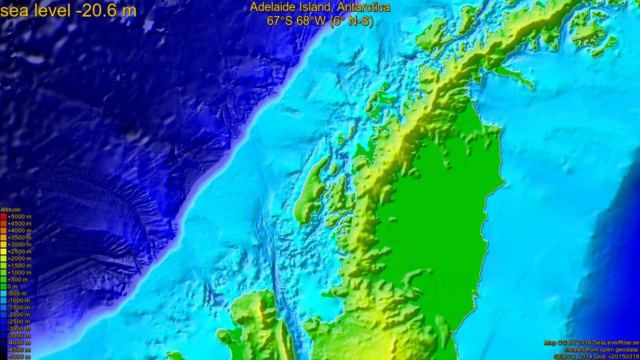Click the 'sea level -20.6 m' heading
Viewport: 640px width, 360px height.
point(68,10)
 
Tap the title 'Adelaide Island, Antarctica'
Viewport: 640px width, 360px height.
point(320,7)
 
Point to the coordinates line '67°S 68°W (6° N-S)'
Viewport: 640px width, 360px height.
point(320,21)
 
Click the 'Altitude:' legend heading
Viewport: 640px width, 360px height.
point(11,209)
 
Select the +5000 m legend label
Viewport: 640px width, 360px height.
point(19,216)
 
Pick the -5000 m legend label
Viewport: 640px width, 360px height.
point(18,356)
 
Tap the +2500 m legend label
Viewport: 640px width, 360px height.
point(19,251)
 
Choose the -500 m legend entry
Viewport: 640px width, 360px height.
point(18,293)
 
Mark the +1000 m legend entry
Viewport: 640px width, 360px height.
point(19,272)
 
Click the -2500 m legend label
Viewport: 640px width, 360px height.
point(18,321)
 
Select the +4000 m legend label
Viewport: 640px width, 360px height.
point(19,230)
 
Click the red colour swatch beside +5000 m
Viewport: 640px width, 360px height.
point(3,216)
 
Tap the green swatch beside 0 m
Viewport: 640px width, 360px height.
point(3,286)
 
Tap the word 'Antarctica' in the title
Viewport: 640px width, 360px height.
point(363,7)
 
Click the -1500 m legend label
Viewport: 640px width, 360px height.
point(18,307)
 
